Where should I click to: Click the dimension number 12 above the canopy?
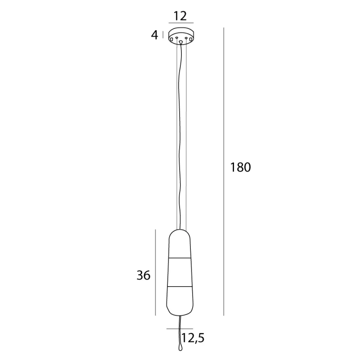click(180, 16)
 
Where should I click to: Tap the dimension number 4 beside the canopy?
click(155, 35)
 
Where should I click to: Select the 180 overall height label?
click(240, 167)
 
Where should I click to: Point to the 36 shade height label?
click(143, 275)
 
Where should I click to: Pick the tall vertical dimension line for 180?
click(224, 171)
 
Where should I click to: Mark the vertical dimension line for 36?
click(155, 272)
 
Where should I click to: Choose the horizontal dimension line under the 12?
click(181, 23)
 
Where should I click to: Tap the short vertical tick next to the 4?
click(163, 35)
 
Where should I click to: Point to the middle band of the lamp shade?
click(181, 272)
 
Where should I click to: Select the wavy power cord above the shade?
click(181, 135)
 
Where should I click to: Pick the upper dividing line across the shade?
click(181, 259)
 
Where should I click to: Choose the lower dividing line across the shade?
click(181, 286)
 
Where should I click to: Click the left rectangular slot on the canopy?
click(171, 40)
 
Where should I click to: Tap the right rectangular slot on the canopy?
click(191, 40)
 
